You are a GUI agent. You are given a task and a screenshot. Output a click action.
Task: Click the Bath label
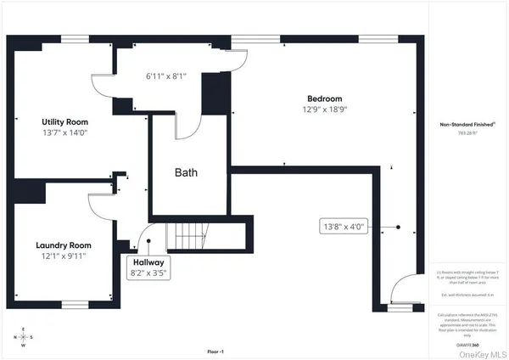click(187, 173)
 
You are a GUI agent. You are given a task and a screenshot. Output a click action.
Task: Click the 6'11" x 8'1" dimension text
click(165, 76)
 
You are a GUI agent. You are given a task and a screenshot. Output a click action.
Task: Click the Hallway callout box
click(148, 267)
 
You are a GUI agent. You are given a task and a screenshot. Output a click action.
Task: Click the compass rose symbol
click(23, 336)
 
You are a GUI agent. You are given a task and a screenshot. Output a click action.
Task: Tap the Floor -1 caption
click(216, 351)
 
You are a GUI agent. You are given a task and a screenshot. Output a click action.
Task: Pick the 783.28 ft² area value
click(467, 133)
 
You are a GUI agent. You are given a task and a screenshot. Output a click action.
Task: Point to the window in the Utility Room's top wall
click(75, 39)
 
